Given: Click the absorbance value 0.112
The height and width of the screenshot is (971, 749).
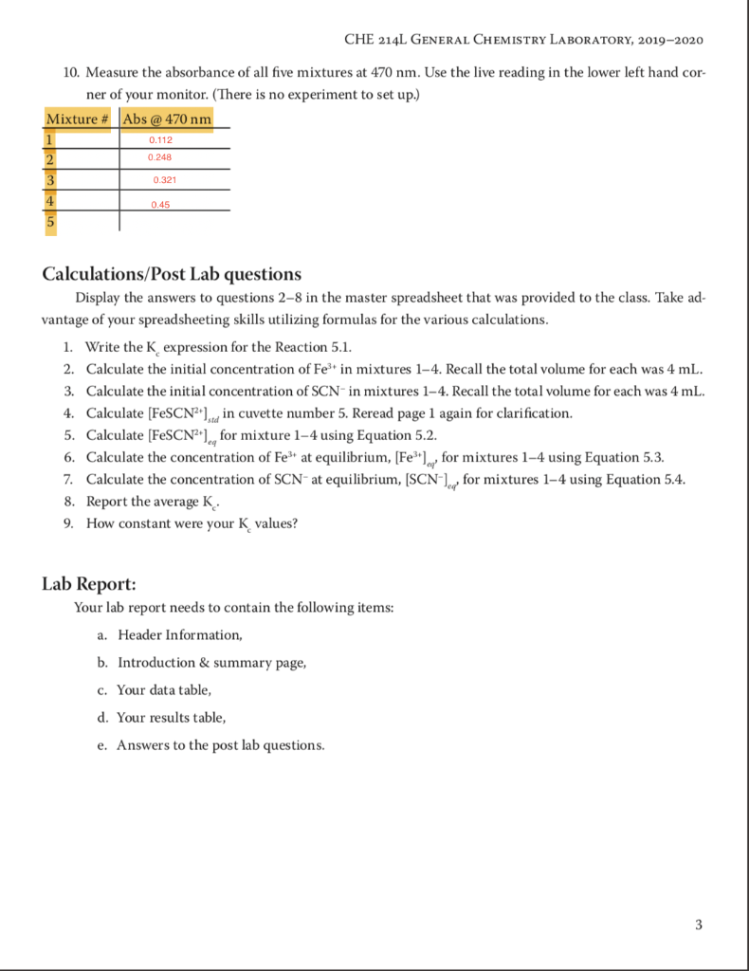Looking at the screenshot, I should tap(159, 140).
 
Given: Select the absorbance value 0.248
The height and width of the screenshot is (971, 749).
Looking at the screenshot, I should tap(159, 156).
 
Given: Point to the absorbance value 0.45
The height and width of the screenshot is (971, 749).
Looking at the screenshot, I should tap(160, 203).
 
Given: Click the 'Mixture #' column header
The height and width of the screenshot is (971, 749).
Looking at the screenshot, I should tap(79, 119).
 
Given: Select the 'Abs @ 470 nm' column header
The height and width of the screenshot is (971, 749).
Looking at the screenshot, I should tap(167, 119).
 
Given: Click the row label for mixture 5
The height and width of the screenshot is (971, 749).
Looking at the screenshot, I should tap(51, 222).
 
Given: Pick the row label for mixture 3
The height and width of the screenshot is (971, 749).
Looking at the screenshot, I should tap(51, 179).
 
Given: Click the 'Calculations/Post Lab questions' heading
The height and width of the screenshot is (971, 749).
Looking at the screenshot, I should tap(172, 274).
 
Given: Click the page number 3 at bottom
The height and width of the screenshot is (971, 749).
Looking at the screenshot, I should tap(699, 925).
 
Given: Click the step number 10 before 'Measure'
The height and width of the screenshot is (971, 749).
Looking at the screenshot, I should tap(73, 73).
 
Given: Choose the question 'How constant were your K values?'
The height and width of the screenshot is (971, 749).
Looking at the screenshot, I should tap(191, 522).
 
